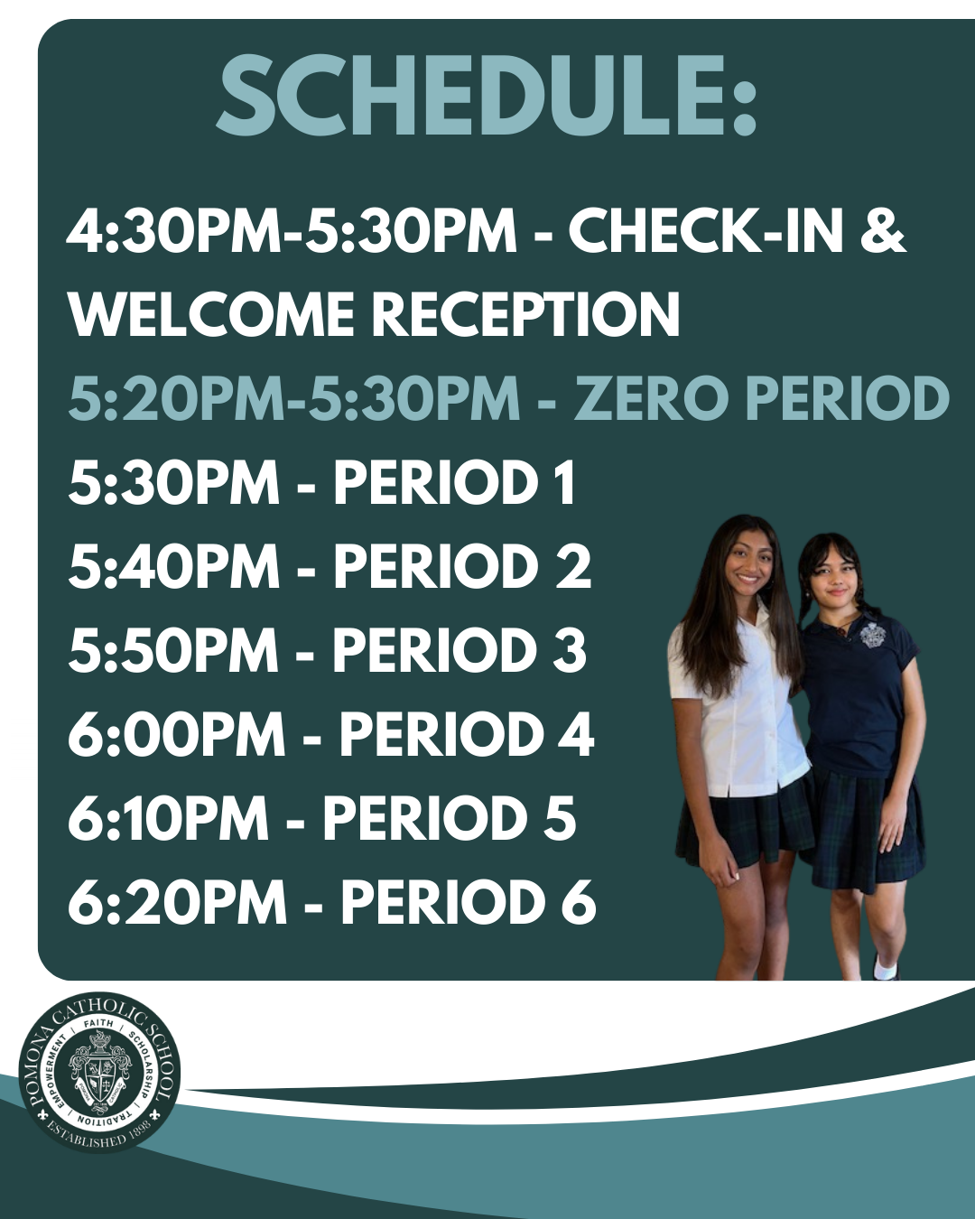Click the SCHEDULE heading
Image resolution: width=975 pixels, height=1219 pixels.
[486, 96]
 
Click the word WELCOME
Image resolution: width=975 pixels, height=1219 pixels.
[211, 315]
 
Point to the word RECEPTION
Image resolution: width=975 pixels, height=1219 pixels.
[525, 315]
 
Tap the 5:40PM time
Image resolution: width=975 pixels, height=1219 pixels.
[173, 567]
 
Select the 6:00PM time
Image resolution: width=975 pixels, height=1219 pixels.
[177, 735]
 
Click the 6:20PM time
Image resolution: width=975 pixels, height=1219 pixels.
[177, 903]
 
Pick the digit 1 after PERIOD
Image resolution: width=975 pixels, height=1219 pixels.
[565, 484]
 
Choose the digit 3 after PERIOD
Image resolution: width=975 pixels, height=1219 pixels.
[569, 651]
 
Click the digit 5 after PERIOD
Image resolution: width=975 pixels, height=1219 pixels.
[560, 819]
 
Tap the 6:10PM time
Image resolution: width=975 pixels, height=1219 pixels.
[168, 819]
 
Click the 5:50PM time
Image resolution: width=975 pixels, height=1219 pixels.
[173, 651]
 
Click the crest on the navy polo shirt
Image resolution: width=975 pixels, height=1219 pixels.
[871, 634]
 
